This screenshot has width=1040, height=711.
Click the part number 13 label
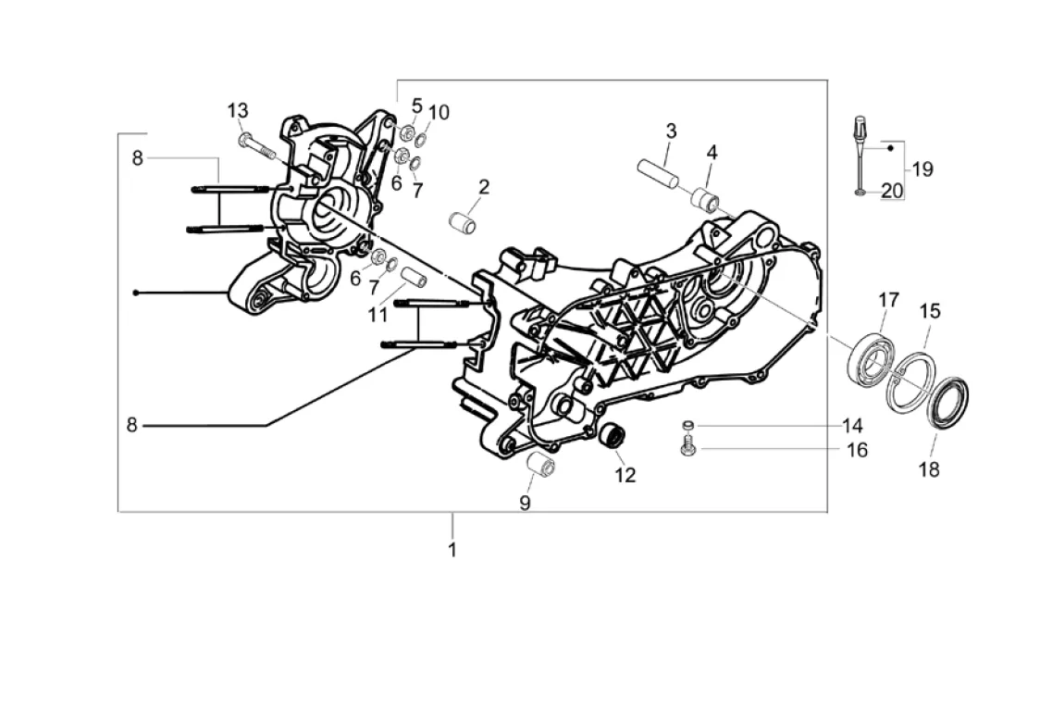(238, 111)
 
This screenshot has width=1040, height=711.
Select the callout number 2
(484, 187)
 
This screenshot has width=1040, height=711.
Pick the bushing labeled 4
(705, 199)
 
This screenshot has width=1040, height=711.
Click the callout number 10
(439, 113)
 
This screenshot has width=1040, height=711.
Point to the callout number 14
(852, 426)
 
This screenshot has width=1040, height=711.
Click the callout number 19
(922, 169)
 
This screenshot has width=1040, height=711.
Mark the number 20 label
(892, 192)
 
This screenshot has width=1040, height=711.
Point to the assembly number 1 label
(452, 550)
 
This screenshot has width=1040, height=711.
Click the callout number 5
(416, 106)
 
